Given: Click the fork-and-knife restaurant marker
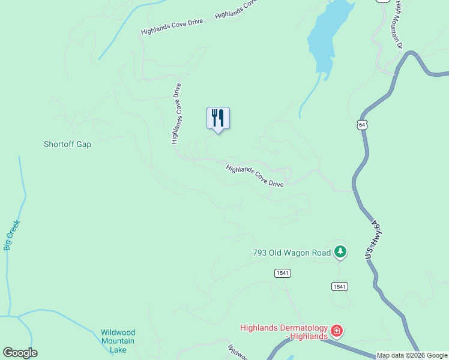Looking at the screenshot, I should pos(218,118).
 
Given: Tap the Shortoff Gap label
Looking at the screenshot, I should pos(67,144).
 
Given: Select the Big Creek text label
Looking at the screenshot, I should pos(12,235).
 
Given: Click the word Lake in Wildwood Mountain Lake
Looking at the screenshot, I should pos(118,349).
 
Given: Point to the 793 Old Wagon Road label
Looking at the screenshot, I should pos(291,253).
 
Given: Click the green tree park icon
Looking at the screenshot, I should pos(340,252).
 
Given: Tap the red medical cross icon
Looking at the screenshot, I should pos(337,331).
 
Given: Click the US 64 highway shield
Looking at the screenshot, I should pos(361,125).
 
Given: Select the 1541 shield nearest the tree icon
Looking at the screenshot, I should pos(339,286).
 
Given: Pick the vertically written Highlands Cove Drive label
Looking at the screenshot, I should pos(176,113).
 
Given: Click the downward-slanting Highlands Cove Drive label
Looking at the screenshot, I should pos(255,176).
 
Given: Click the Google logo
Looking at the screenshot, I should pos(20,353).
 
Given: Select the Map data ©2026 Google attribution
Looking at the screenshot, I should pos(412,355).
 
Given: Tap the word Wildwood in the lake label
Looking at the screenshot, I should pos(118,332).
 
